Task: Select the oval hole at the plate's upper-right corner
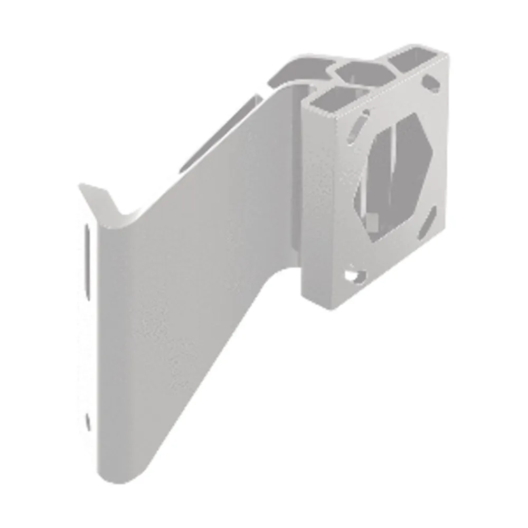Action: coord(432,82)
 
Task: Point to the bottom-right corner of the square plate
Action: coord(446,232)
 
